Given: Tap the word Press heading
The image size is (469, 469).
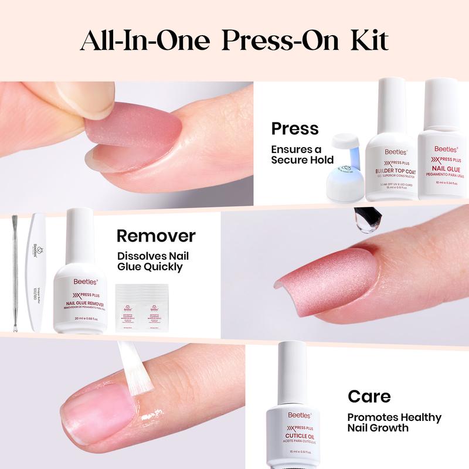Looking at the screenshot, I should point(294,128).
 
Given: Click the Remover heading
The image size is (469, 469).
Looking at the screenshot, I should point(155,236).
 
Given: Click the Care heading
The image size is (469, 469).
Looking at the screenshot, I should point(369,396).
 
